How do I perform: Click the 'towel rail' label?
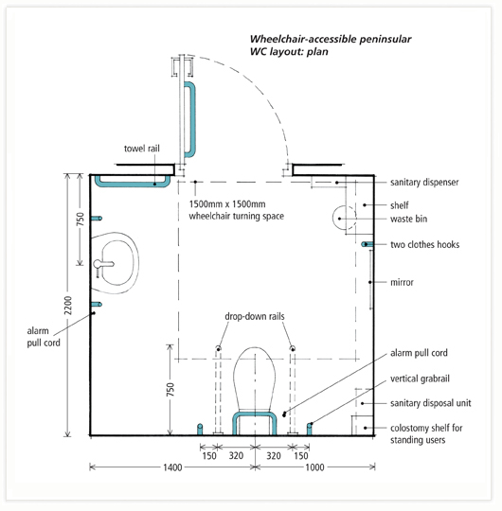coord(142,149)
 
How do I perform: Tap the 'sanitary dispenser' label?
coord(424,183)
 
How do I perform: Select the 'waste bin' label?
coord(409,219)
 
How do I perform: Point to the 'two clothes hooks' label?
coord(425,244)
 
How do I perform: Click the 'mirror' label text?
coord(402,282)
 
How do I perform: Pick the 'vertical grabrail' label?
coord(420,379)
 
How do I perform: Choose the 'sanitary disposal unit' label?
coord(431,403)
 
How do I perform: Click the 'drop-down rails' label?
coord(255,316)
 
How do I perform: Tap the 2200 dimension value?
coord(68,306)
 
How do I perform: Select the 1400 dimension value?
coord(172,467)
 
